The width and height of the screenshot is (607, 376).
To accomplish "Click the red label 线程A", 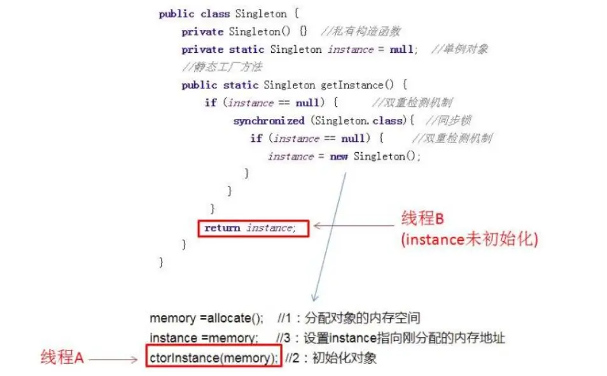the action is click(62, 358).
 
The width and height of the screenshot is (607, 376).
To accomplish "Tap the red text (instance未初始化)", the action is click(470, 240).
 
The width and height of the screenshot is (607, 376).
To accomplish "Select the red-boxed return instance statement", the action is click(253, 228).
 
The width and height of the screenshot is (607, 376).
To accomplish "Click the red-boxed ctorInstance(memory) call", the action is click(213, 358).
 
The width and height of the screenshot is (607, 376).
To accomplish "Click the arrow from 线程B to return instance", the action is click(353, 225).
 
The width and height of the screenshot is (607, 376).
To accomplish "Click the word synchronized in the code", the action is click(269, 121).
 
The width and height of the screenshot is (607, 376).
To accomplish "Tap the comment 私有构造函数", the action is click(361, 32).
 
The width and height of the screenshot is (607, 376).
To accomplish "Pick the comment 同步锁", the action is click(448, 121).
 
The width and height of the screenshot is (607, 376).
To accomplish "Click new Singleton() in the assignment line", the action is click(375, 157).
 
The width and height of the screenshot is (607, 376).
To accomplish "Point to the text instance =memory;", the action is click(204, 338).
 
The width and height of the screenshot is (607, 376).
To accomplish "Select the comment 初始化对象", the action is click(344, 358).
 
